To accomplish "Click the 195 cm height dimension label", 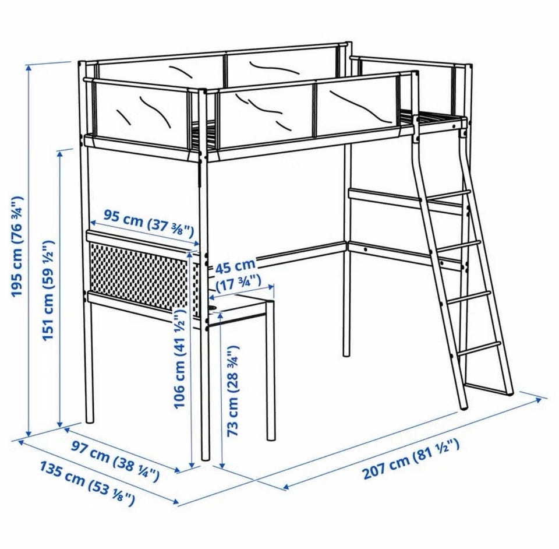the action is click(17, 246).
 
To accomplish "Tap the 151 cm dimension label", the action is click(48, 290).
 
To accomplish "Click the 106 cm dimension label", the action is click(179, 358).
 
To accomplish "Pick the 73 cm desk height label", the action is click(233, 391).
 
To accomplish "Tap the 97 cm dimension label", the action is click(115, 460).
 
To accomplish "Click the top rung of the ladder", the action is click(448, 195).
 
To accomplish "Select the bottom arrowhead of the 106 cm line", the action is click(192, 465).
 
